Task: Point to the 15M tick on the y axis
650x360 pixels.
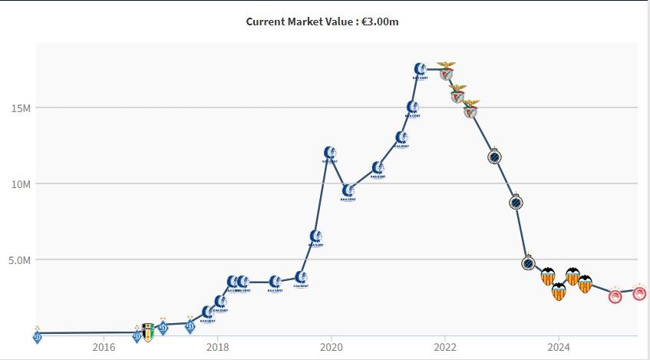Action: (21, 107)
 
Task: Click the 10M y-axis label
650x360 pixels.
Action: (21, 184)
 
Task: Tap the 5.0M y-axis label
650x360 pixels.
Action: (19, 260)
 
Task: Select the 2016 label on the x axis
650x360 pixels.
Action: (104, 346)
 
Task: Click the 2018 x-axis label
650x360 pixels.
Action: (218, 346)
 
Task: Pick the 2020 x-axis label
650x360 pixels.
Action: (332, 346)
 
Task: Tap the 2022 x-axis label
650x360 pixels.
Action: (445, 346)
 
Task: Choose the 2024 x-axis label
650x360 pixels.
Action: (559, 346)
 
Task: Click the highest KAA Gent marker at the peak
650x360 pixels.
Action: (420, 70)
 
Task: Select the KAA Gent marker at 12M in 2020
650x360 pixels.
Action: (329, 153)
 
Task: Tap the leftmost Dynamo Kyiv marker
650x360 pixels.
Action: (38, 335)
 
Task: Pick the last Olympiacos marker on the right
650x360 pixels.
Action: (638, 292)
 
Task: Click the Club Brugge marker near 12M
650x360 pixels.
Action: (495, 157)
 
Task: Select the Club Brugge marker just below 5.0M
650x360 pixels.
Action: (528, 263)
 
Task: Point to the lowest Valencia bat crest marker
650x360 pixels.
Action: (559, 292)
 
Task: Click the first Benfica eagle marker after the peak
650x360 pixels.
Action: (445, 74)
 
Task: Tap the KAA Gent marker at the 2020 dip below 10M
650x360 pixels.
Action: (348, 190)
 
